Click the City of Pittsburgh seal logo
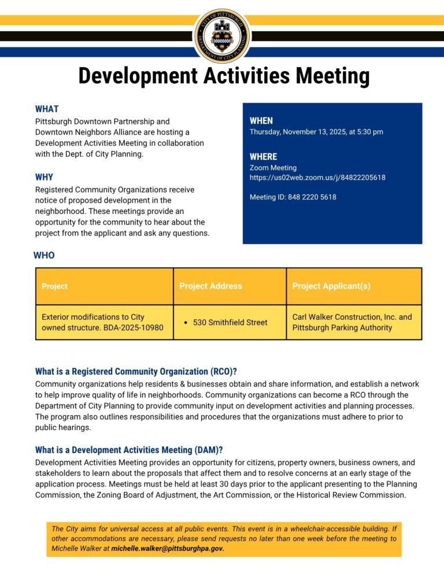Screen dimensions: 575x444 click(x=223, y=36)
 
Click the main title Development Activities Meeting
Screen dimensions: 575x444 click(x=224, y=76)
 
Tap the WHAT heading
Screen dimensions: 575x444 click(x=47, y=109)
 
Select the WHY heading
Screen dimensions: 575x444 click(x=44, y=177)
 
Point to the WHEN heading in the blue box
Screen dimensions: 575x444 click(x=261, y=121)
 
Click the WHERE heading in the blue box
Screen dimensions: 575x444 click(x=264, y=157)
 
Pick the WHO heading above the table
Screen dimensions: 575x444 click(x=44, y=255)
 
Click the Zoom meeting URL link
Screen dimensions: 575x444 click(x=317, y=178)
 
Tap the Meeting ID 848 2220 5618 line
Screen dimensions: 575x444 click(x=293, y=197)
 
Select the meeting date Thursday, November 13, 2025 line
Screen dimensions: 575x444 click(x=316, y=132)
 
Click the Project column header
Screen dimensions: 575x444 click(x=54, y=286)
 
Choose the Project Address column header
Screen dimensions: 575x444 click(x=210, y=286)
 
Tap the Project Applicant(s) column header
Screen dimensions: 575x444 click(x=331, y=286)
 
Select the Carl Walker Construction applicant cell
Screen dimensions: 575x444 click(x=352, y=322)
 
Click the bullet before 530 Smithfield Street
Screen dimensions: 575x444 click(x=184, y=322)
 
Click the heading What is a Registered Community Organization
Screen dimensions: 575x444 click(x=136, y=371)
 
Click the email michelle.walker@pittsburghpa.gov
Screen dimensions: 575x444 click(x=167, y=548)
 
